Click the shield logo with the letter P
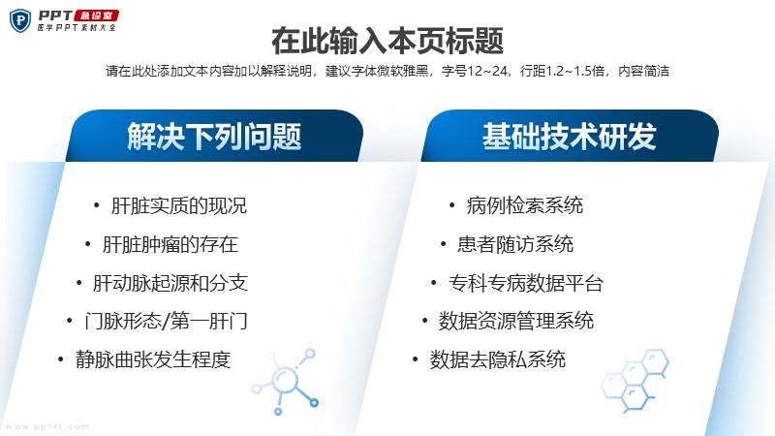pos(20,20)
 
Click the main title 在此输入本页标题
pos(387,41)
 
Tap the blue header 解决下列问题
pos(214,137)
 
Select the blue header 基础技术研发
pos(570,137)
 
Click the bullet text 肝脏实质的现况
pos(179,206)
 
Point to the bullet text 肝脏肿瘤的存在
pos(170,245)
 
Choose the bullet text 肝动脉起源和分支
pos(170,283)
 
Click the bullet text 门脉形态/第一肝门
pos(166,322)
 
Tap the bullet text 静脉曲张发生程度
pos(153,359)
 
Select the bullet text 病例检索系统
pos(524,206)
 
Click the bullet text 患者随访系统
pos(515,245)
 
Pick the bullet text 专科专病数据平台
pos(525,283)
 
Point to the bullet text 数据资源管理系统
pos(516,322)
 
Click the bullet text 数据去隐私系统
pos(497,359)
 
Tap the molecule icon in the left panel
pos(285,382)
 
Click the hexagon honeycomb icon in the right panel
pos(635,380)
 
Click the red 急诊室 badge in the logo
pos(96,16)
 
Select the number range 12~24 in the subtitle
pos(487,71)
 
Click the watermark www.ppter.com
pos(47,426)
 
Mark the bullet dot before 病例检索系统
pos(451,205)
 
